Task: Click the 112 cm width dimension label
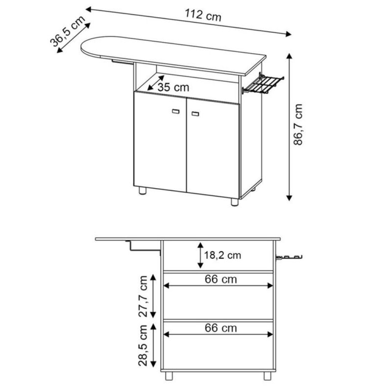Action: [x=203, y=16]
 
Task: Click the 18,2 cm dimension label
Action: [x=223, y=255]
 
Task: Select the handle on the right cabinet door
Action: [x=196, y=114]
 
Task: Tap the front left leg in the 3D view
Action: [x=142, y=191]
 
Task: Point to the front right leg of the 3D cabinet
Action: [x=234, y=201]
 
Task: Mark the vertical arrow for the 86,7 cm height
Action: [x=290, y=127]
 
